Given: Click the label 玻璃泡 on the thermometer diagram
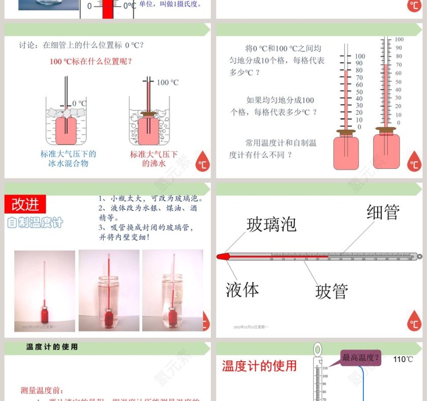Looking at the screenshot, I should [x=271, y=224].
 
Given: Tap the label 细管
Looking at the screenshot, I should [x=383, y=212].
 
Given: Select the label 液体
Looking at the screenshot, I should [x=242, y=290].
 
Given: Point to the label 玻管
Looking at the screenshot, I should [x=331, y=292].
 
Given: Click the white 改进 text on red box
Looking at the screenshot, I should [x=25, y=204].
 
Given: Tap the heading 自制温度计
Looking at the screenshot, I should [x=35, y=222].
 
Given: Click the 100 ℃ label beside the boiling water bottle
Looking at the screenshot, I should [x=167, y=82].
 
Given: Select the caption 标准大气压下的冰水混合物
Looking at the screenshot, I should [x=68, y=158].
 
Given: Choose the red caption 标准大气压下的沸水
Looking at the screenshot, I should [x=154, y=158].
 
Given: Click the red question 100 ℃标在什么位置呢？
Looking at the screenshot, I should [x=91, y=62].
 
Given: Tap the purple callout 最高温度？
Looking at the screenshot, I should [x=360, y=357].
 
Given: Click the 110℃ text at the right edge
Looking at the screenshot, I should [x=403, y=359].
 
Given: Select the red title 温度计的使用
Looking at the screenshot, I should [x=259, y=366].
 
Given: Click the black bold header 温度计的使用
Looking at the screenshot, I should [x=52, y=347].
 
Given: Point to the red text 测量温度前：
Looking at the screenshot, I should [x=42, y=390].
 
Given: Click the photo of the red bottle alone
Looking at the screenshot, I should [x=45, y=291].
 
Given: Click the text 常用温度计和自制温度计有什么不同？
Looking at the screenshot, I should [x=272, y=149].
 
